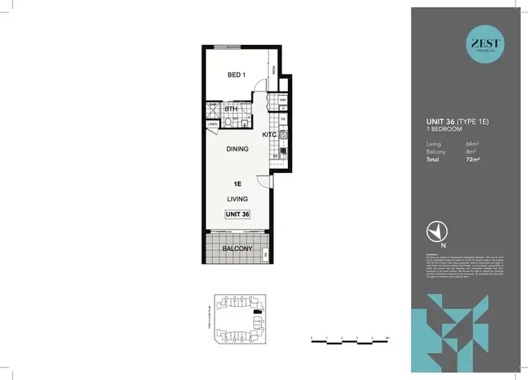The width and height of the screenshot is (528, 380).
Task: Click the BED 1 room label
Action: click(235, 76)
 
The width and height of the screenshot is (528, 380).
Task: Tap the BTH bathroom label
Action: click(231, 109)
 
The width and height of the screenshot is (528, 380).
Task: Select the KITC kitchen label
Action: click(270, 133)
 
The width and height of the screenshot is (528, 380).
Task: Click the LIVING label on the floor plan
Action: click(238, 199)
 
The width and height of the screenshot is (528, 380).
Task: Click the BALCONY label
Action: click(238, 249)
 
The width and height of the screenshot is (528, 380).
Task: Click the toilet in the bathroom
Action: click(230, 122)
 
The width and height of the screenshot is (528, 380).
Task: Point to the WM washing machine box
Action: click(282, 100)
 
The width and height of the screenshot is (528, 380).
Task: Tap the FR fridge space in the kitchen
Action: click(282, 120)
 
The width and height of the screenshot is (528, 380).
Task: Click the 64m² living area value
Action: click(472, 144)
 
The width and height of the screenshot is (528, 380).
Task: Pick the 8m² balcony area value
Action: click(471, 152)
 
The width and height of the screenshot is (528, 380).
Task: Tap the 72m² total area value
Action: click(471, 160)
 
